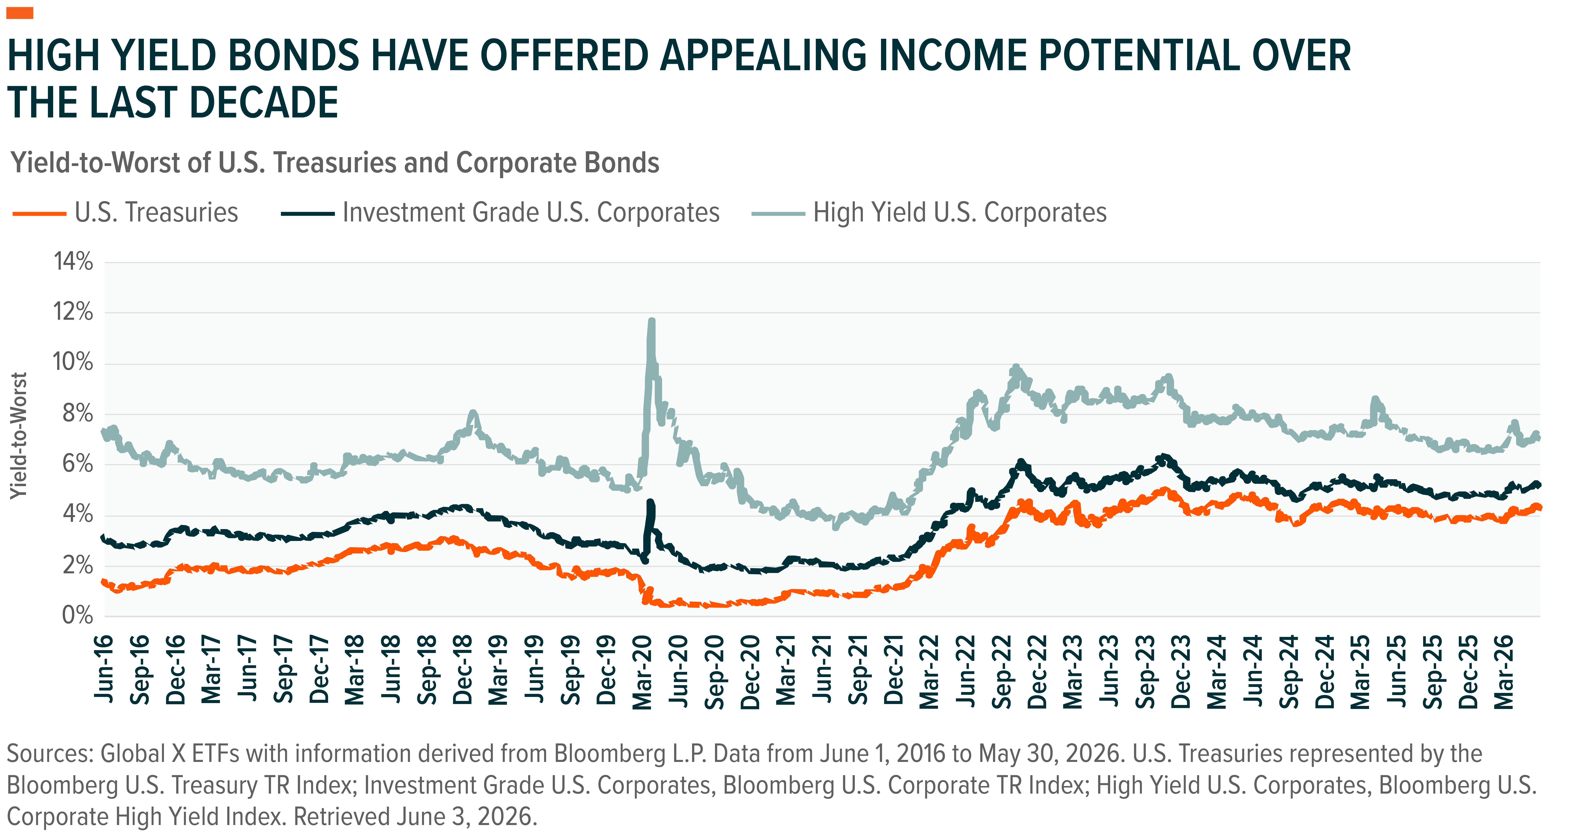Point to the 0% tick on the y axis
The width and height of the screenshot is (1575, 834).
(x=78, y=615)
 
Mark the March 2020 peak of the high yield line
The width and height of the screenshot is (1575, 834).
(x=651, y=320)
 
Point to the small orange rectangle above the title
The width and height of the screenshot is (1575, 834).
(x=20, y=13)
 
